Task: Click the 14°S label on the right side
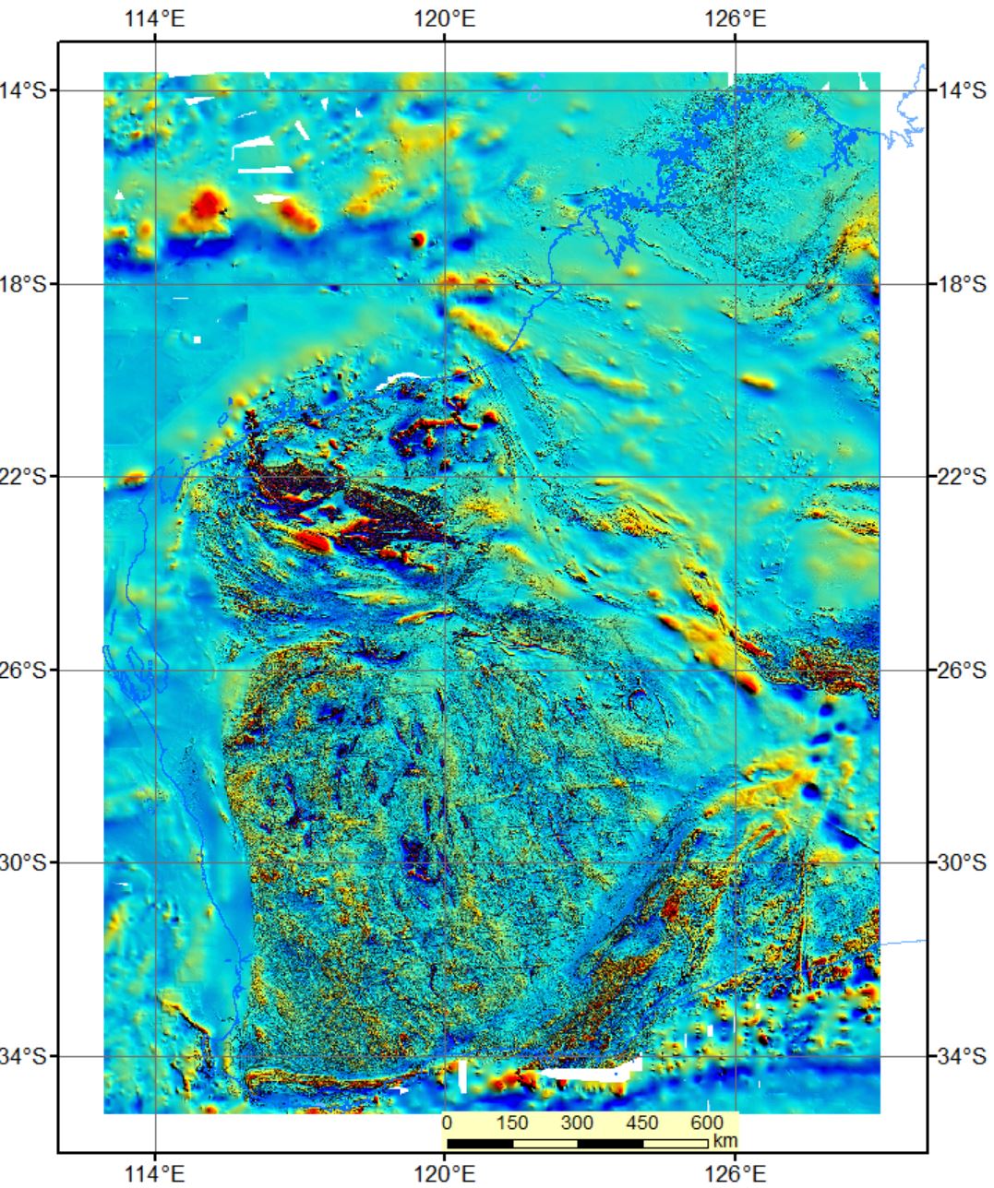tap(962, 90)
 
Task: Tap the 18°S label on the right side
tap(962, 284)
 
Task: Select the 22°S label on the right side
tap(962, 477)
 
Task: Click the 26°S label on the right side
tap(962, 670)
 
